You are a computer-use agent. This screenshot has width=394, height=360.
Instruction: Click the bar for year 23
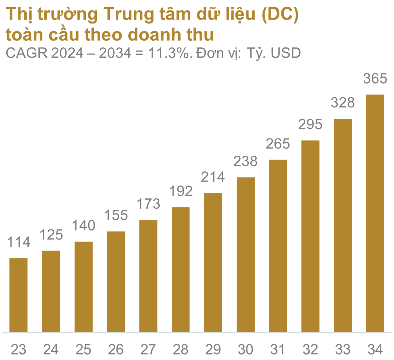18,295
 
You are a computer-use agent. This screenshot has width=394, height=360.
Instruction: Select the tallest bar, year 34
375,213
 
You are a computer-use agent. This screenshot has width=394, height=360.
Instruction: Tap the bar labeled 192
181,269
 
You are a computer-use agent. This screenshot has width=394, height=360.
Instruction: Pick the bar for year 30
246,255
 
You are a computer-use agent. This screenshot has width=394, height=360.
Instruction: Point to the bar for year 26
116,282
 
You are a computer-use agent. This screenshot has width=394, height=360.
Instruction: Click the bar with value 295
310,236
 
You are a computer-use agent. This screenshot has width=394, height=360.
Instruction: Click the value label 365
375,79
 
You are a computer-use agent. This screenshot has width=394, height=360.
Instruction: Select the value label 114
18,242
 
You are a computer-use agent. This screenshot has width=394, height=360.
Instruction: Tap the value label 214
213,177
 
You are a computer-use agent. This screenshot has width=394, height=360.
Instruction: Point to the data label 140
84,226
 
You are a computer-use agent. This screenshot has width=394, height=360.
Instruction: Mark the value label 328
343,103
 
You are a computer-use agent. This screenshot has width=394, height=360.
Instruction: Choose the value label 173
148,204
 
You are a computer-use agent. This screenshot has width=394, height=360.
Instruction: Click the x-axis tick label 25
84,349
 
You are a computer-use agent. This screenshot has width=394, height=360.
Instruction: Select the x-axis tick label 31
278,349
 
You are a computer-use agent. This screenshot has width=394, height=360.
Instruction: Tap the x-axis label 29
213,349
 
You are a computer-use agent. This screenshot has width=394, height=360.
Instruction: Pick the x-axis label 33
343,349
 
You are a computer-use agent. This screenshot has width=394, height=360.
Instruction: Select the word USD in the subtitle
286,53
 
